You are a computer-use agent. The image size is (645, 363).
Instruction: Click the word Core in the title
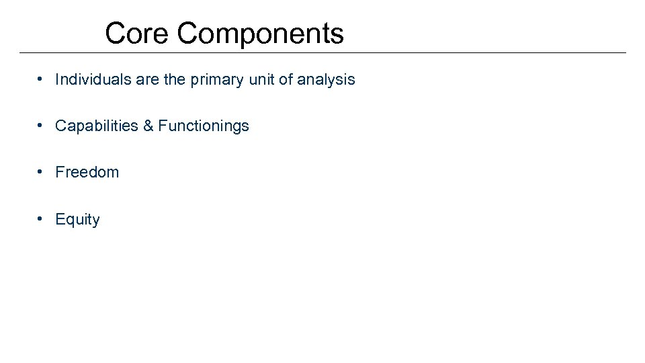coord(137,33)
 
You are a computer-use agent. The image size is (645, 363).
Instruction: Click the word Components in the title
coord(261,33)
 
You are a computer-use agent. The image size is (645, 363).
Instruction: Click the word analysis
coord(326,80)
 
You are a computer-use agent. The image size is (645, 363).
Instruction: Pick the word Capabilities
coord(97,126)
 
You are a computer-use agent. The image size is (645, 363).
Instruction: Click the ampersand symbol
coord(148,126)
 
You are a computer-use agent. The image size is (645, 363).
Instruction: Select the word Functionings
coord(204,126)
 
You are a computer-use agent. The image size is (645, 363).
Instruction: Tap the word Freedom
coord(87,172)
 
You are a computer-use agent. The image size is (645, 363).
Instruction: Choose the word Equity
coord(77,220)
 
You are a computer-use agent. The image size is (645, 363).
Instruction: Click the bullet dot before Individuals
coord(42,79)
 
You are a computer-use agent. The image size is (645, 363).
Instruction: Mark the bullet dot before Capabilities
coord(42,126)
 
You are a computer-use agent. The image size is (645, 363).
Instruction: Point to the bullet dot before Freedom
coord(42,172)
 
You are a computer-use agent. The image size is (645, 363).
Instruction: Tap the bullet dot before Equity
coord(42,219)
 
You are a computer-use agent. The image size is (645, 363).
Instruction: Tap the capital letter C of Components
coord(188,33)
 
